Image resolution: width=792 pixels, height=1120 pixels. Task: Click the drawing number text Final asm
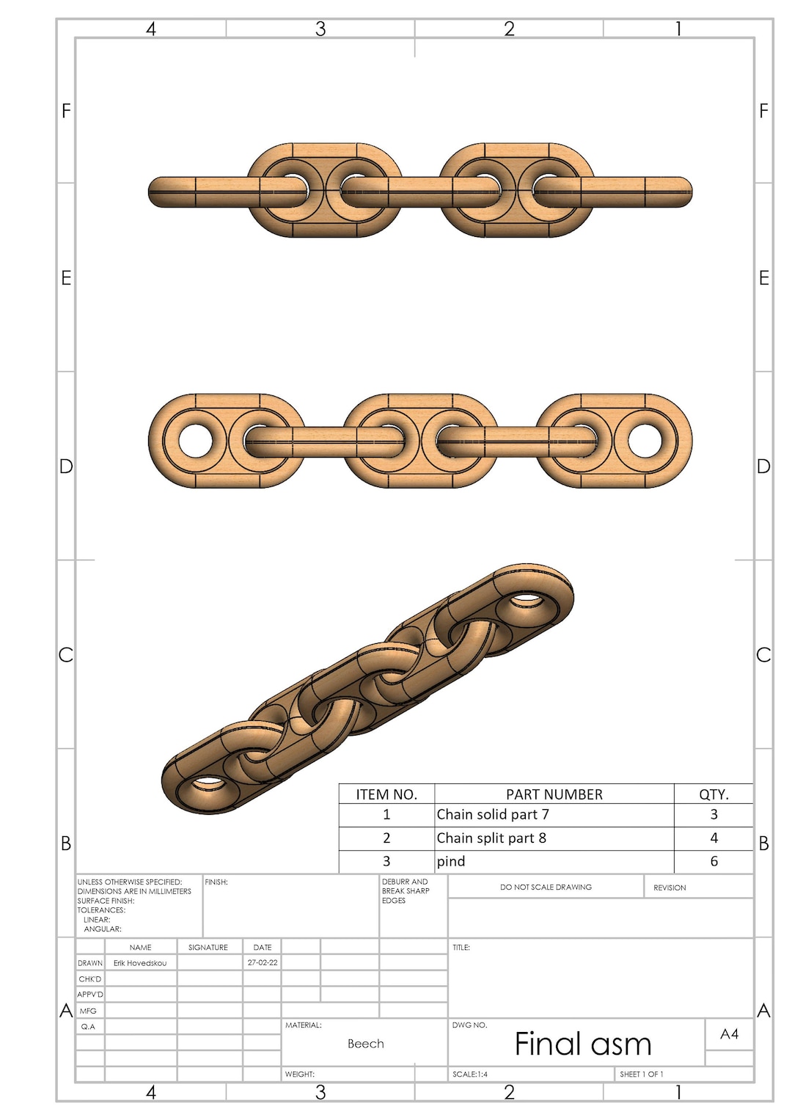point(582,1044)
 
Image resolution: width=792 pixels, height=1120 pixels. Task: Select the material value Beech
point(365,1044)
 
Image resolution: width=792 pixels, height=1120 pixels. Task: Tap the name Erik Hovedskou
point(140,963)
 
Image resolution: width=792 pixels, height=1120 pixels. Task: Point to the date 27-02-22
point(263,962)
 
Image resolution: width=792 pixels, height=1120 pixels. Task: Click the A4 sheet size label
point(729,1034)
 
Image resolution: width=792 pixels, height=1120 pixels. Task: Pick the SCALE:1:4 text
point(470,1074)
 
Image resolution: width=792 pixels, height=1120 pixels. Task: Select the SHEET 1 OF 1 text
point(642,1074)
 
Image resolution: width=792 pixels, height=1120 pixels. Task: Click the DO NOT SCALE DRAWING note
point(546,887)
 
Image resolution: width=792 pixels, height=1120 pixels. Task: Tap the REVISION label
point(670,887)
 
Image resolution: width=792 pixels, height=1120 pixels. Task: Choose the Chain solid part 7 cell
point(493,815)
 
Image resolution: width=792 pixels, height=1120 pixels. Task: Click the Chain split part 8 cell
point(491,838)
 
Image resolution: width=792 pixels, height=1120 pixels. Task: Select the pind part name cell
point(451,862)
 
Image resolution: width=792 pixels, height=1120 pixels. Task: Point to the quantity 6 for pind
point(714,862)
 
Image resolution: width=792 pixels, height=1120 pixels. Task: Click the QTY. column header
point(714,794)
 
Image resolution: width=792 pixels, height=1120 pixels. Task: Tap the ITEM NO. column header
point(386,794)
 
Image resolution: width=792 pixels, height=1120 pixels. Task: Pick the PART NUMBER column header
point(554,794)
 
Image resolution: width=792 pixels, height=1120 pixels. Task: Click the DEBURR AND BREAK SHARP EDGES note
point(406,891)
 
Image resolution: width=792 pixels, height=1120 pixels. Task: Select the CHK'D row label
point(90,979)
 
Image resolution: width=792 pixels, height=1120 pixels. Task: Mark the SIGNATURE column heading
point(208,948)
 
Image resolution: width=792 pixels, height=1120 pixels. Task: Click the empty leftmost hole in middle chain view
point(196,441)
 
